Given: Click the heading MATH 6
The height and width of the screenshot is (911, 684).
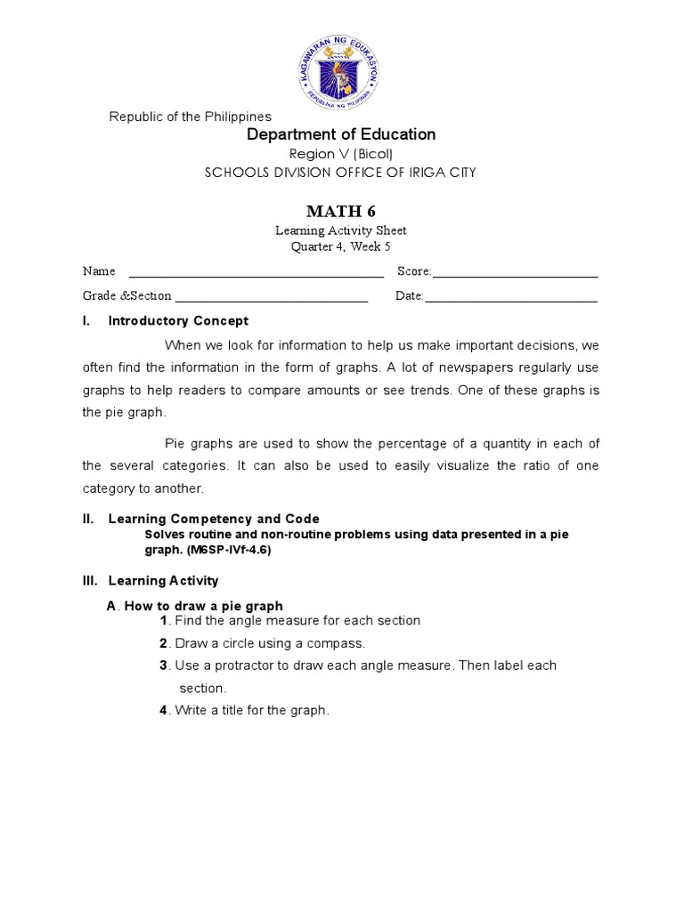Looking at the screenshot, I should tap(341, 211).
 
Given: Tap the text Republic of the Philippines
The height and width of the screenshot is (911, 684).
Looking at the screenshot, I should tap(190, 117).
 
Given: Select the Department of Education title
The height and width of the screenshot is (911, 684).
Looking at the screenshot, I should tap(341, 134).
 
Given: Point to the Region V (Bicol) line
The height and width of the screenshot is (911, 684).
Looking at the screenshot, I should tap(341, 154).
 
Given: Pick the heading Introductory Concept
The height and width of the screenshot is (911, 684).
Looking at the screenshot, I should tap(178, 321).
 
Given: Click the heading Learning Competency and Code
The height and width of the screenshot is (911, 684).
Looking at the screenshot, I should tap(214, 519).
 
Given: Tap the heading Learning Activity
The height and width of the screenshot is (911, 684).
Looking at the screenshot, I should tap(163, 581).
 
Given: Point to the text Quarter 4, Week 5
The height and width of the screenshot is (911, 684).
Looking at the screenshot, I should tap(341, 246).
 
